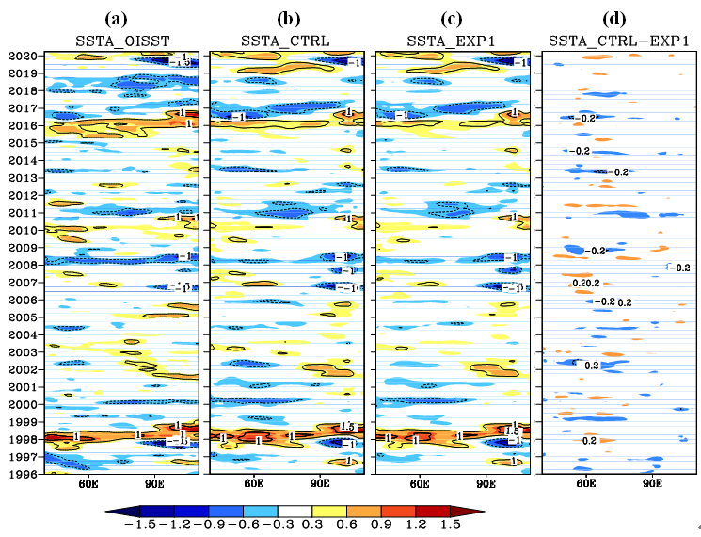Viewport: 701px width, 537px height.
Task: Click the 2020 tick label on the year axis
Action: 21,56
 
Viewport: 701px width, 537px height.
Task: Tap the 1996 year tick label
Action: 21,475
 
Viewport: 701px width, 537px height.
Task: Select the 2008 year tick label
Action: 21,265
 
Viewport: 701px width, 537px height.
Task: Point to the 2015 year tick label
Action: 21,143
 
